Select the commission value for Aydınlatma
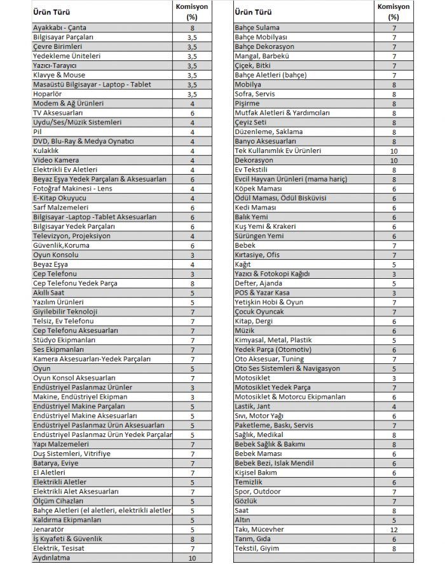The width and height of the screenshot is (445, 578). (x=191, y=558)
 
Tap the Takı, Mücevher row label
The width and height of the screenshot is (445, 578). (x=259, y=529)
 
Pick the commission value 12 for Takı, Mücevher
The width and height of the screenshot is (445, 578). (x=394, y=529)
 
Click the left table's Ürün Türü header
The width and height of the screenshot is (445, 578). (x=51, y=12)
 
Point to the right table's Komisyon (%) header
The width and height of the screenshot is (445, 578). (x=394, y=12)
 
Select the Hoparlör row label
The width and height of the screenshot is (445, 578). (x=48, y=94)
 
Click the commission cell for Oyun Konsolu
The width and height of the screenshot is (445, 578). (x=191, y=255)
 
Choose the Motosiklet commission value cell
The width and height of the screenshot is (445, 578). (x=394, y=378)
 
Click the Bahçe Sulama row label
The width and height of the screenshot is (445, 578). (x=257, y=28)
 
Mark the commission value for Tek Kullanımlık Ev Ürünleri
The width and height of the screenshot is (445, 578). (x=394, y=151)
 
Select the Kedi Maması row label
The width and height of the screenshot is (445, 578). (x=256, y=208)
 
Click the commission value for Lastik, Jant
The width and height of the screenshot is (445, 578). (x=394, y=407)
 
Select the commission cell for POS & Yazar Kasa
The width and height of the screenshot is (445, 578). (x=394, y=293)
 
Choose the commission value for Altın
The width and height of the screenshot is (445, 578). (x=394, y=520)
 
